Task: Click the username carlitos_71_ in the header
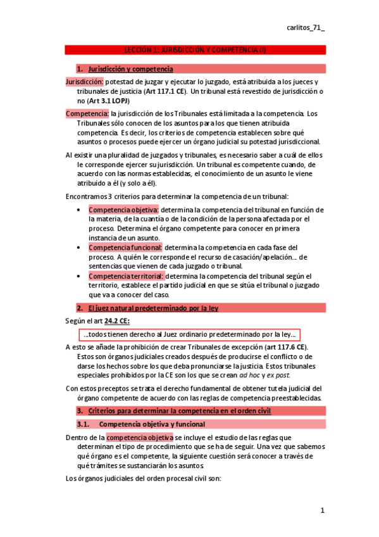click(x=306, y=28)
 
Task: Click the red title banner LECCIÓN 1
click(x=195, y=49)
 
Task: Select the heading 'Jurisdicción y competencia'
click(x=130, y=68)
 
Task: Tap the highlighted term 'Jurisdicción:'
click(x=84, y=82)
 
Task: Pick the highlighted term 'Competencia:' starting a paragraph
click(x=87, y=113)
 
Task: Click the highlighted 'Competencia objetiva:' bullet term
click(x=124, y=210)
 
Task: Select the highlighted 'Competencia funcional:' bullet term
click(x=125, y=247)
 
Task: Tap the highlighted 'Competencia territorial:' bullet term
click(x=127, y=276)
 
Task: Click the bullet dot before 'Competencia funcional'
click(x=78, y=248)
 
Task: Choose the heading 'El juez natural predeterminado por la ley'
click(x=152, y=308)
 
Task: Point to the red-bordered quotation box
click(x=189, y=334)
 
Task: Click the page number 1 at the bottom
click(x=322, y=510)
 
